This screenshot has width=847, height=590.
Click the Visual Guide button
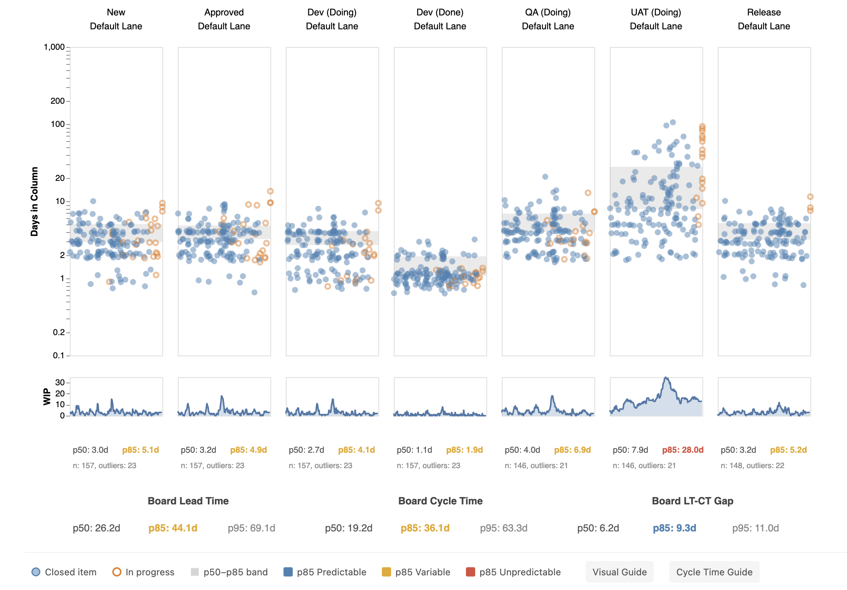point(619,572)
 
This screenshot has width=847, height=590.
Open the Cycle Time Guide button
point(714,572)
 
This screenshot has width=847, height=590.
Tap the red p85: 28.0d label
point(683,450)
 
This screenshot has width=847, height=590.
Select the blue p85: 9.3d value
point(674,528)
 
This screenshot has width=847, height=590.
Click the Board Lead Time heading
point(188,501)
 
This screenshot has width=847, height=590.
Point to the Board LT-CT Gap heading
point(692,501)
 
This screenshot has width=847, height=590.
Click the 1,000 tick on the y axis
point(54,47)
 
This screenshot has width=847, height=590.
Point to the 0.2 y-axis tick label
point(59,332)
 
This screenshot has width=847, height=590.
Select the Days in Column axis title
point(35,201)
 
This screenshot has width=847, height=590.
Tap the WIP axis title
point(47,396)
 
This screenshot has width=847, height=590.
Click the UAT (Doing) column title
point(656,12)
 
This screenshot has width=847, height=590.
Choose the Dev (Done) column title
point(440,12)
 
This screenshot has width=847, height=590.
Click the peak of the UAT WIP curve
point(666,378)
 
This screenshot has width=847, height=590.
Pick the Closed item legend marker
point(36,572)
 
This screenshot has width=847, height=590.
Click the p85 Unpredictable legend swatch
point(470,572)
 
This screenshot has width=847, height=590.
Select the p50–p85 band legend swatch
point(195,572)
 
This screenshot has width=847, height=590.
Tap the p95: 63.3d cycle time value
point(503,528)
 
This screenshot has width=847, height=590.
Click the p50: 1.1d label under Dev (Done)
point(414,450)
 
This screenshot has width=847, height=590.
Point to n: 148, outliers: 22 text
point(752,465)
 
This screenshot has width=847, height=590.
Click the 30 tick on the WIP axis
point(60,383)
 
